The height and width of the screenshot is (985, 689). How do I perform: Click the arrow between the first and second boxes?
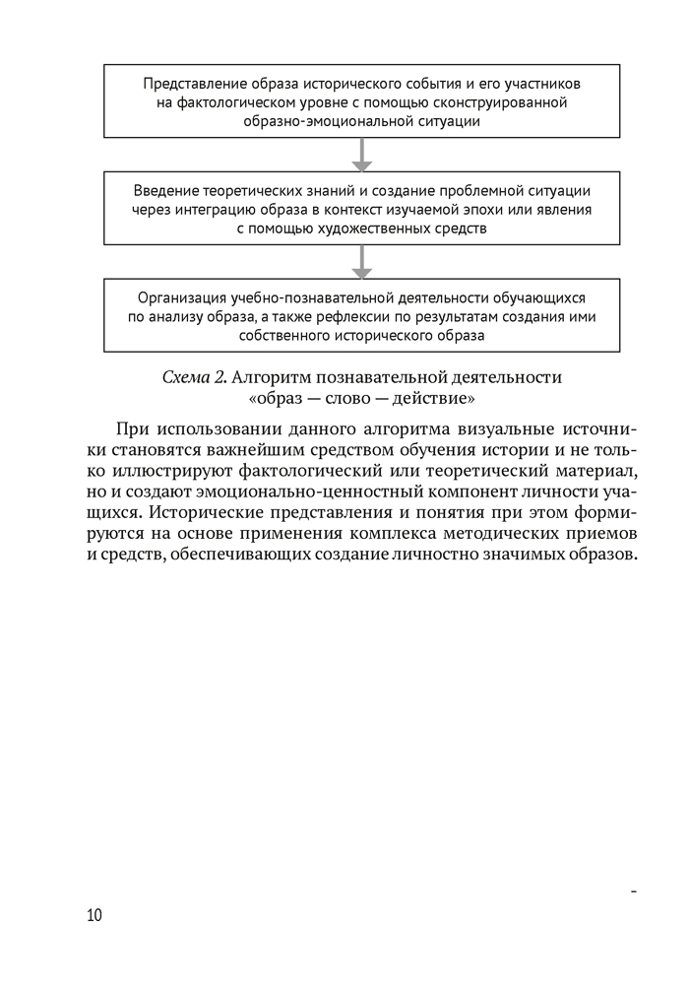pyautogui.click(x=362, y=154)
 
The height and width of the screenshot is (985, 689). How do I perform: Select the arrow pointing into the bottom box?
pyautogui.click(x=362, y=261)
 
